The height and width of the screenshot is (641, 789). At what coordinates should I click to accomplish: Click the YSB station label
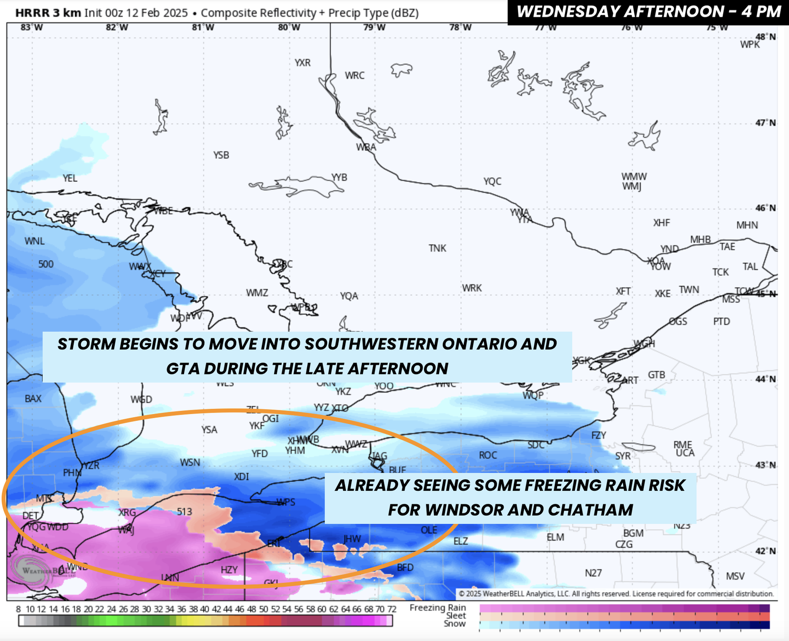(x=221, y=155)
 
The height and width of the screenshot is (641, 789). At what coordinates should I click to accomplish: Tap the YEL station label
(x=70, y=178)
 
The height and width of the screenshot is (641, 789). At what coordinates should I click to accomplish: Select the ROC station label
(x=488, y=455)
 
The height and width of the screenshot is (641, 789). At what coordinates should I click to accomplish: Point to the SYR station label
(x=623, y=456)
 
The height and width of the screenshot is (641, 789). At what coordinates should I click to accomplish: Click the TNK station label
(x=437, y=248)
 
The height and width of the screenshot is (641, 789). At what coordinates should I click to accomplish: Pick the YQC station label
(x=492, y=181)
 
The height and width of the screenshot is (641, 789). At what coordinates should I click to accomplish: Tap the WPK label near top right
(x=750, y=45)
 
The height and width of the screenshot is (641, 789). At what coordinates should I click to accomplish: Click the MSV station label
(x=735, y=576)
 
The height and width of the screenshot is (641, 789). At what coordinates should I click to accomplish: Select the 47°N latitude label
(x=765, y=122)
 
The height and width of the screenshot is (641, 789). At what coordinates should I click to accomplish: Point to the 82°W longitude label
(x=117, y=27)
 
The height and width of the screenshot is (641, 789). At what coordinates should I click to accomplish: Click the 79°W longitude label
(x=374, y=27)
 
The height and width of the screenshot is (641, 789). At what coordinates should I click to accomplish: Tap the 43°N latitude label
(x=765, y=465)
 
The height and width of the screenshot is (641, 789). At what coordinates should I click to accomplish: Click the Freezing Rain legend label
(x=438, y=607)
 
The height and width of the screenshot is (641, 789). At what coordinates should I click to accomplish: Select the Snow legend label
(x=454, y=624)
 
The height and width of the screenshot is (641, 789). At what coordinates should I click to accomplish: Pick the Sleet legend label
(x=456, y=616)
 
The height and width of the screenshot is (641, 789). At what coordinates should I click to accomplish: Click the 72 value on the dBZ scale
(x=391, y=609)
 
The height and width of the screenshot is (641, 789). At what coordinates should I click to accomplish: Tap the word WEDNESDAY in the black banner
(x=568, y=12)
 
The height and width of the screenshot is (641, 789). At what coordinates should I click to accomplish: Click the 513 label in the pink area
(x=184, y=511)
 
